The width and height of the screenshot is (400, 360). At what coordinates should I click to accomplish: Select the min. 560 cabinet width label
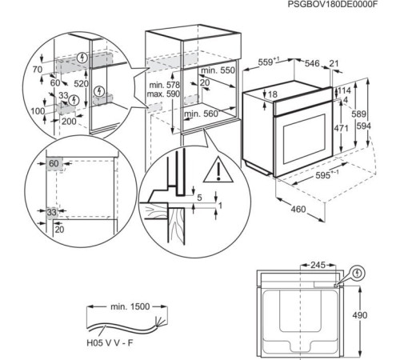202,114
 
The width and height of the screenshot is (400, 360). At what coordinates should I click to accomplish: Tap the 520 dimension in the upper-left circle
82,82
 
